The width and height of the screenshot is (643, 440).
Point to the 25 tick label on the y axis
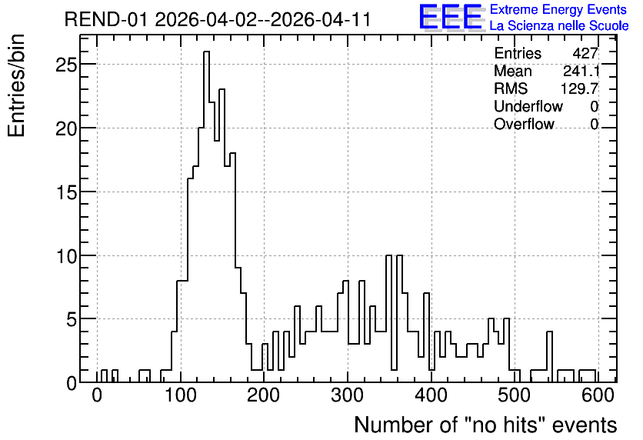pos(66,65)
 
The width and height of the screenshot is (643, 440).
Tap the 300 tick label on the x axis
pos(348,395)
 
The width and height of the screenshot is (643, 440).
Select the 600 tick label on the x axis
pos(598,395)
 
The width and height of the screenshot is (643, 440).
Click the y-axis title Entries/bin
pos(16,85)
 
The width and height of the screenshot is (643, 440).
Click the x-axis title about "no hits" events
pos(485,425)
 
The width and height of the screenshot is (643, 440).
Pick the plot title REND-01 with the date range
pos(218,19)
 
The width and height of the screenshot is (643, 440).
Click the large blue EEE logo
pos(451,17)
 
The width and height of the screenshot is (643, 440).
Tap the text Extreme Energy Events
pos(558,9)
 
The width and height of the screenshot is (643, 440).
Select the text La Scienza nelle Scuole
pos(559,25)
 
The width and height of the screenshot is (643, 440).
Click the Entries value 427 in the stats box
pos(585,53)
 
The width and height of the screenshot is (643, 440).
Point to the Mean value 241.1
pos(581,71)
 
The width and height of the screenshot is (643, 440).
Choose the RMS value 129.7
pos(579,88)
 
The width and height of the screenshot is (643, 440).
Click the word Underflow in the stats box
pos(528,106)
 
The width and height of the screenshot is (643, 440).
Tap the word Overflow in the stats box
pos(524,124)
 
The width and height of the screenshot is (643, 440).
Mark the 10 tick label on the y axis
pos(66,256)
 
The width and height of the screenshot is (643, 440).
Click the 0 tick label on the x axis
pos(97,395)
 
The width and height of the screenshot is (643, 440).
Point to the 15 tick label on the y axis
pos(66,192)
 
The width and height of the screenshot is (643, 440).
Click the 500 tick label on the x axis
pos(515,395)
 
